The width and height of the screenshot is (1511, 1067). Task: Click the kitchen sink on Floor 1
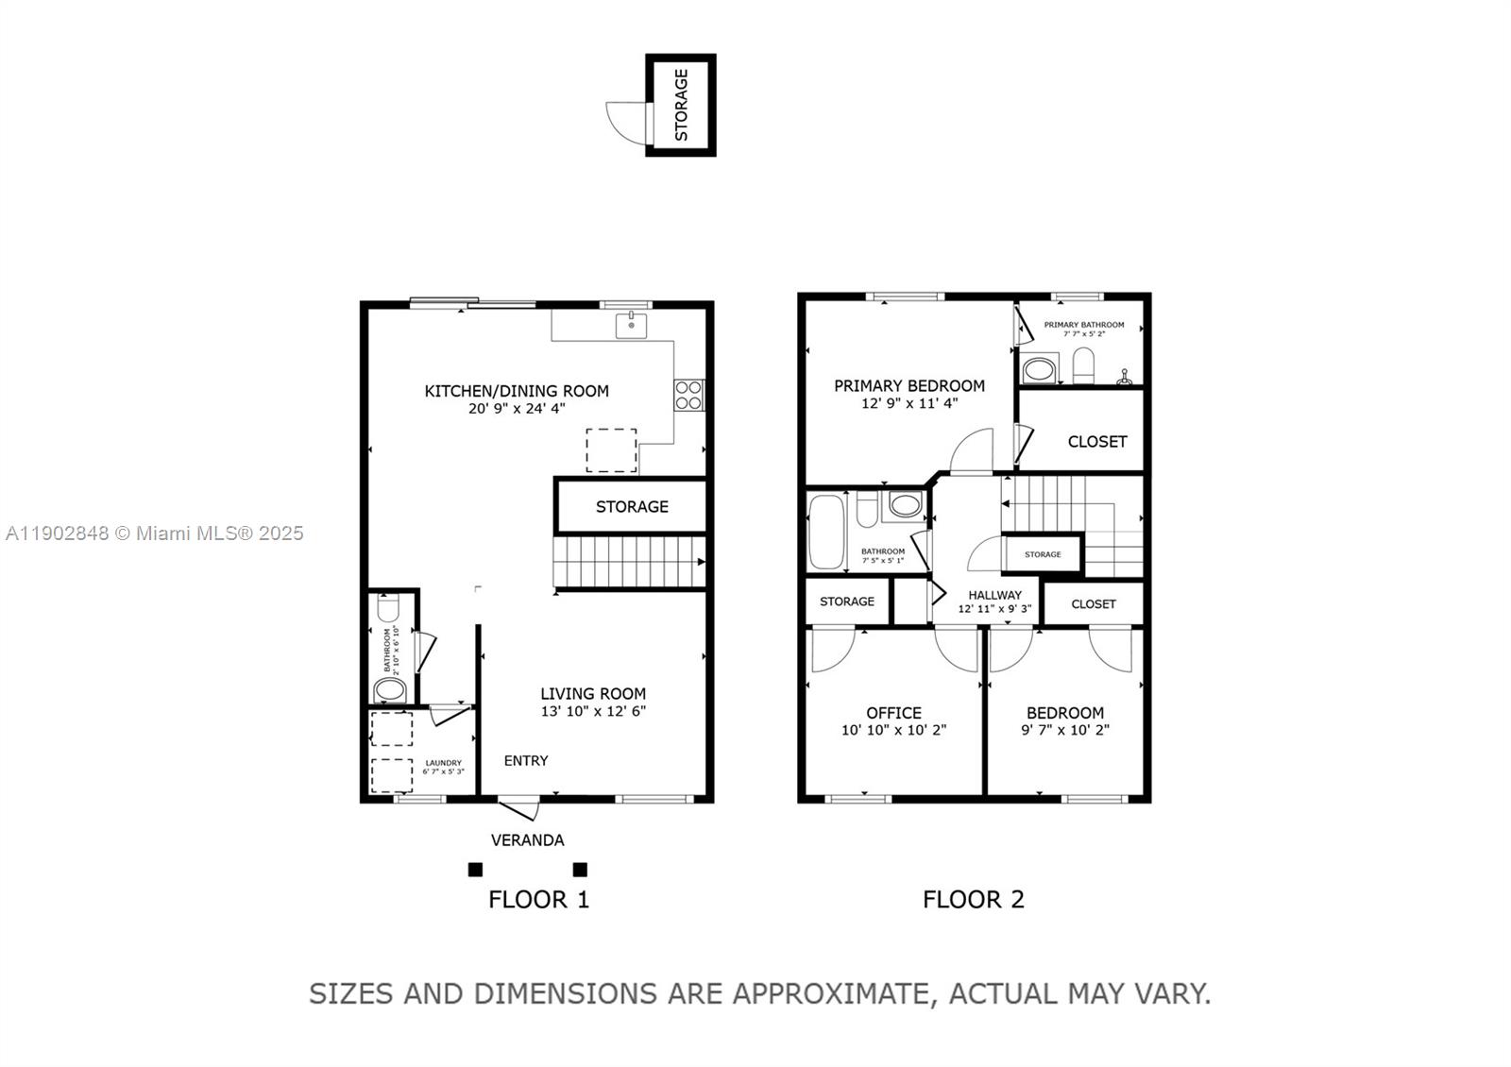click(631, 326)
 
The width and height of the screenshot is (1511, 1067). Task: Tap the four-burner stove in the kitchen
click(688, 394)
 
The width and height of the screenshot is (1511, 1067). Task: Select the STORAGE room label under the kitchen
click(632, 507)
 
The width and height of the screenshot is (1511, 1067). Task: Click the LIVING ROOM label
click(593, 694)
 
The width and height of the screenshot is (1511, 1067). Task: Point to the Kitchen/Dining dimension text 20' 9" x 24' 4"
click(517, 409)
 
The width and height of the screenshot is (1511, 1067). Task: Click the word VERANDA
click(527, 840)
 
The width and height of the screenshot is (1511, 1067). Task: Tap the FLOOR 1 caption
click(538, 900)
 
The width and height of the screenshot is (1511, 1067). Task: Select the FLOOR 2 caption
click(973, 900)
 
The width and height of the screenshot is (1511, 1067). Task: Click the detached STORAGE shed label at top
click(681, 105)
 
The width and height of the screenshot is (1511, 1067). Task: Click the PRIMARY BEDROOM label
click(908, 386)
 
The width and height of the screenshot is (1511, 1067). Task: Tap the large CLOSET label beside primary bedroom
click(1096, 442)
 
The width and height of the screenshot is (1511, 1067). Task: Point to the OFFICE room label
click(893, 713)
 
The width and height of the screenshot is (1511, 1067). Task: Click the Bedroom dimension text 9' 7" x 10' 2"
click(1064, 730)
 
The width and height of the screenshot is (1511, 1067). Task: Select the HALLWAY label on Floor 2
click(994, 595)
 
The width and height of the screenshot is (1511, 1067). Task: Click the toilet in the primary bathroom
click(1083, 366)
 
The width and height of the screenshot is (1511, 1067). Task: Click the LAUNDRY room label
click(443, 763)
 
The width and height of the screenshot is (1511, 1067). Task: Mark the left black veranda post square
click(475, 870)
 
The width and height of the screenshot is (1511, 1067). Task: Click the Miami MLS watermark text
click(155, 533)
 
